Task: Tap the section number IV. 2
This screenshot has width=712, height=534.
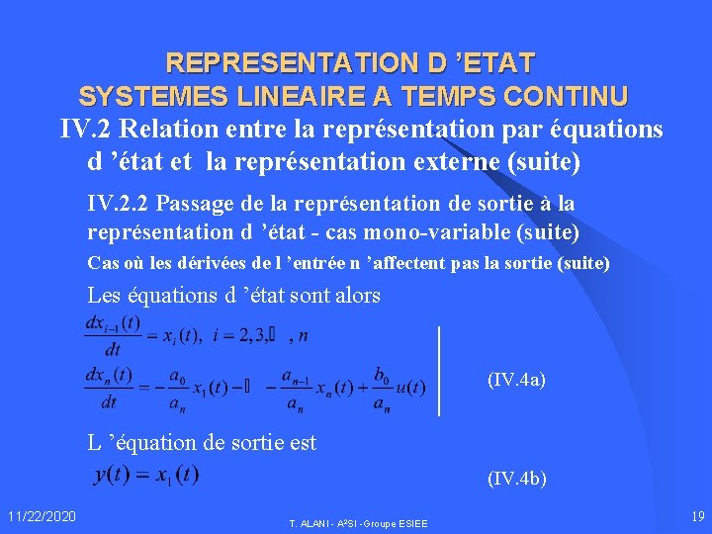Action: pyautogui.click(x=83, y=130)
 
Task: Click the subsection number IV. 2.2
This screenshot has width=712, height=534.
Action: pyautogui.click(x=118, y=203)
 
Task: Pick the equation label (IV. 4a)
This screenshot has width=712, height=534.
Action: pyautogui.click(x=516, y=379)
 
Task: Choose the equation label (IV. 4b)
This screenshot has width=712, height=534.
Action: pyautogui.click(x=516, y=479)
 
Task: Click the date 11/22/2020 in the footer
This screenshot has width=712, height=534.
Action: pyautogui.click(x=41, y=516)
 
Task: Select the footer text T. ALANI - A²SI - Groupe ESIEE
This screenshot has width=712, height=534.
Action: pyautogui.click(x=358, y=523)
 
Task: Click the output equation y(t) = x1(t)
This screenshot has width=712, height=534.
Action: pyautogui.click(x=146, y=476)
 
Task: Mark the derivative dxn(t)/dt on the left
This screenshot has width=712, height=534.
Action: pyautogui.click(x=110, y=388)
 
